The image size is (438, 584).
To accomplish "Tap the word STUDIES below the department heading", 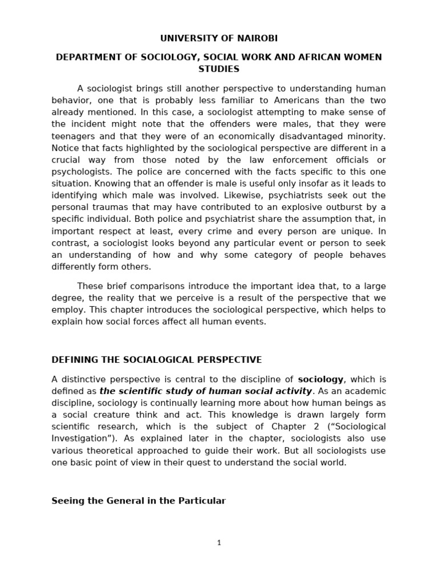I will (218, 69).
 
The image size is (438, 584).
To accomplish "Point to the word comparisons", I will (154, 286).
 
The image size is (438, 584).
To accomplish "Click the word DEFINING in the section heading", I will (75, 360).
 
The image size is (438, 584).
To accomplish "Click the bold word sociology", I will (321, 379).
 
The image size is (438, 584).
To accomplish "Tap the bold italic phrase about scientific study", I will (205, 391).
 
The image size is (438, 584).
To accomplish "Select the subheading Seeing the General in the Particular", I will (139, 501).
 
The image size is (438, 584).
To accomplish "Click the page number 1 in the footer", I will (218, 543).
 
